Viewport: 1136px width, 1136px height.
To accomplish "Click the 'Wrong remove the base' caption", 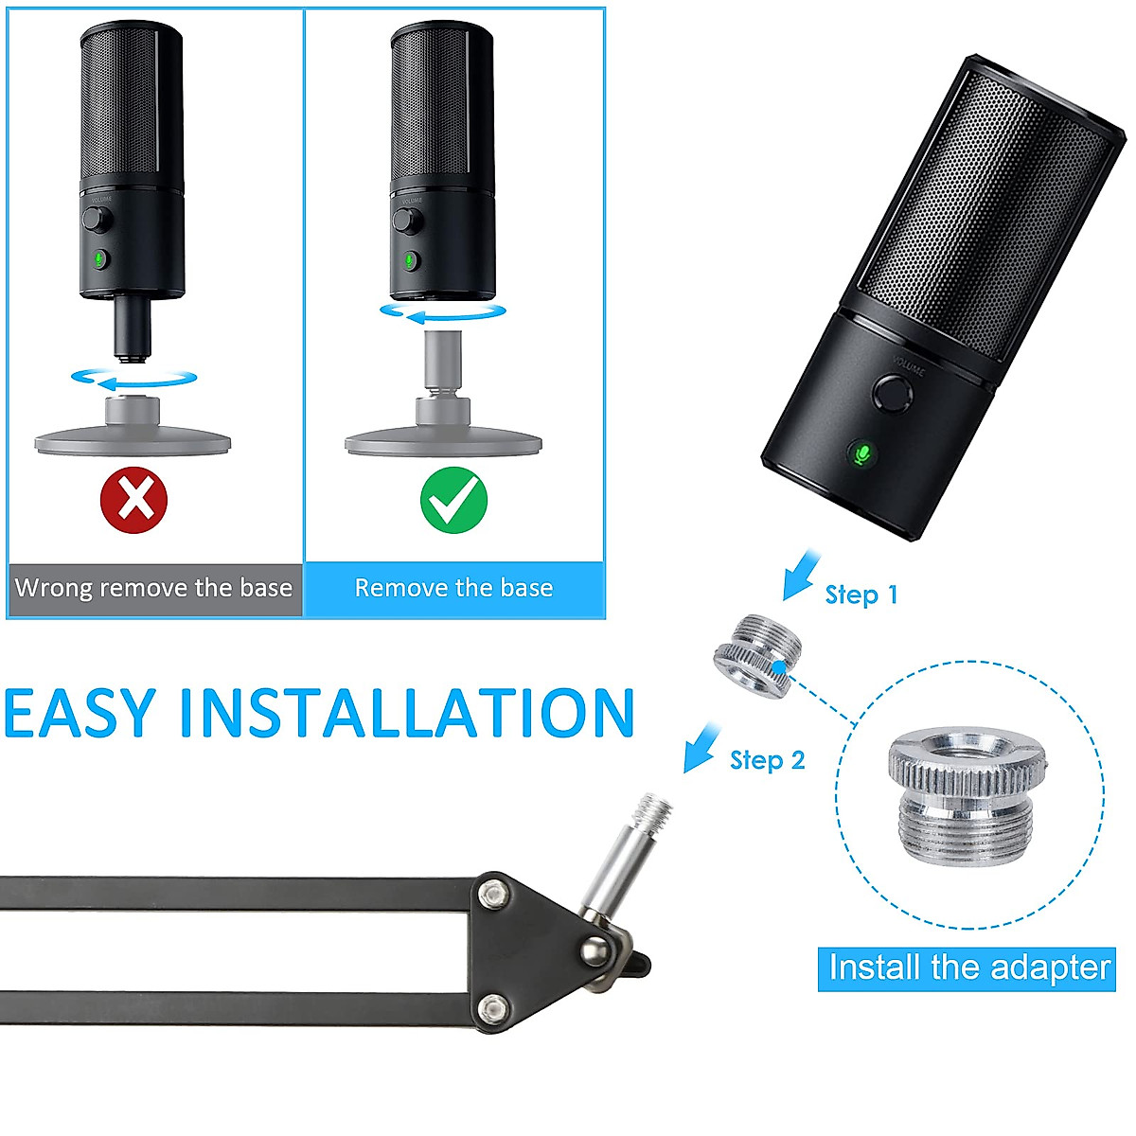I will [153, 588].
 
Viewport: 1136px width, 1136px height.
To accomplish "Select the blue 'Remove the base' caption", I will [453, 588].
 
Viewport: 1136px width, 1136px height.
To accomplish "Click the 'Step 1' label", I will [861, 595].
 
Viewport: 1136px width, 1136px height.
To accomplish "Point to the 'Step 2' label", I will [767, 760].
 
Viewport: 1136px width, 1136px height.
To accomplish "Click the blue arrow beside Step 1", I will [800, 574].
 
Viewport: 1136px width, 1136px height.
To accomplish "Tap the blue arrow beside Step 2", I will [701, 747].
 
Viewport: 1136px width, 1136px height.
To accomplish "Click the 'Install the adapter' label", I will [967, 967].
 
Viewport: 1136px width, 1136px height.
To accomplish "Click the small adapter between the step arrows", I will [758, 655].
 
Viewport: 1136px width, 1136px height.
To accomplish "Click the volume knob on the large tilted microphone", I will [893, 391].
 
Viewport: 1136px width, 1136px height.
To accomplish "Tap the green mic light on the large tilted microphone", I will [861, 454].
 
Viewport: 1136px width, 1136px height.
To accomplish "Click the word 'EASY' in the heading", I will [80, 712].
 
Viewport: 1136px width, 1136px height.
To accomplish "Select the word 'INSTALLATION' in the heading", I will [407, 712].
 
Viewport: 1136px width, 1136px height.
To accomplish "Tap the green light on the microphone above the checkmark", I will [408, 260].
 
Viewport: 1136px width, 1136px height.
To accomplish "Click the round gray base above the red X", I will [133, 435].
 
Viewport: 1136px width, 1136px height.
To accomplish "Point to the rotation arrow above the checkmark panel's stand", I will [443, 312].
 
